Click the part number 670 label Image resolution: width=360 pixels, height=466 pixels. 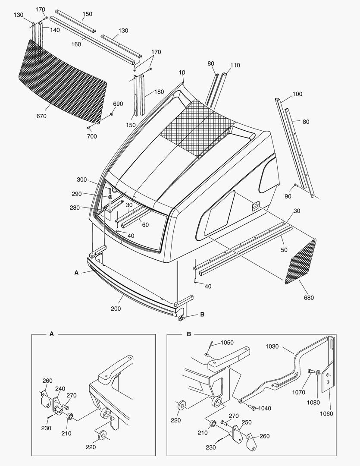pyautogui.click(x=42, y=116)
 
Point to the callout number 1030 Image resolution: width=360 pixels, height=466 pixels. pyautogui.click(x=272, y=346)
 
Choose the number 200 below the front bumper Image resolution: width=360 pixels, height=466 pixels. pyautogui.click(x=116, y=309)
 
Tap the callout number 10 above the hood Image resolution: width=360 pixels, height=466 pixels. pyautogui.click(x=182, y=72)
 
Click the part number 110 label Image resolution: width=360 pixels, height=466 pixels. pyautogui.click(x=235, y=65)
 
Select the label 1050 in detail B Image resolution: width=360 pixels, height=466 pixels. pyautogui.click(x=227, y=343)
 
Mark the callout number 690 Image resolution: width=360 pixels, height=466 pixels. pyautogui.click(x=118, y=104)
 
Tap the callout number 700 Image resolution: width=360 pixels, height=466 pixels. pyautogui.click(x=92, y=136)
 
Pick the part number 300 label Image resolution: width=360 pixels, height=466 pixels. pyautogui.click(x=82, y=179)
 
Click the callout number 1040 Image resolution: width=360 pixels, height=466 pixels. pyautogui.click(x=265, y=408)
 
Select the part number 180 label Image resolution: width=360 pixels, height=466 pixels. pyautogui.click(x=159, y=92)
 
